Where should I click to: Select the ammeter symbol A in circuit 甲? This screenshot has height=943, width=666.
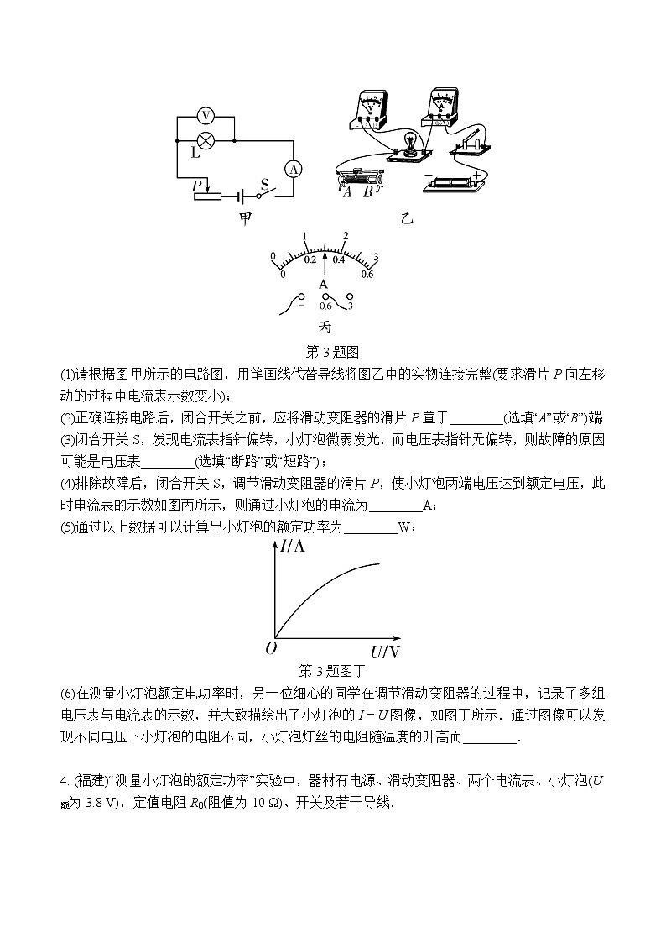(x=294, y=169)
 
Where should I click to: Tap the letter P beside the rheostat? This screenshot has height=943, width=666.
(x=196, y=184)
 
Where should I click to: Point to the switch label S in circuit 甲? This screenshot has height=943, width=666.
(x=265, y=183)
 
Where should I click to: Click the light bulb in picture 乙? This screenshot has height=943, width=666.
(x=411, y=142)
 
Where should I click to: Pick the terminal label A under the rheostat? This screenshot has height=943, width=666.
(x=347, y=191)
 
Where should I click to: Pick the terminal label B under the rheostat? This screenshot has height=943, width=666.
(x=367, y=191)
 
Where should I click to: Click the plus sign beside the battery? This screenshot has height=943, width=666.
(x=476, y=176)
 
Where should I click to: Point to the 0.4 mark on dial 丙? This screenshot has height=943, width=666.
(x=339, y=259)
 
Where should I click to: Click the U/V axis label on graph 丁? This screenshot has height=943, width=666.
(x=385, y=651)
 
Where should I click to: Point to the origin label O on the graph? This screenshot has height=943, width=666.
(x=270, y=647)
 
